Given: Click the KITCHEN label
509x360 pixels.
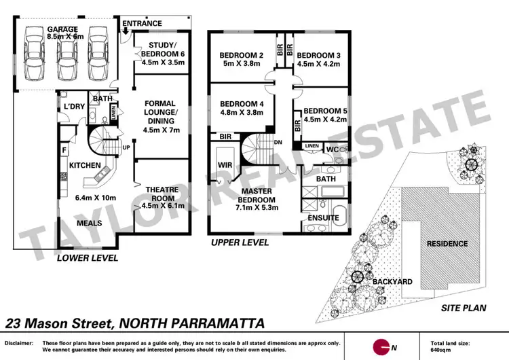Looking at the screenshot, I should pyautogui.click(x=85, y=165).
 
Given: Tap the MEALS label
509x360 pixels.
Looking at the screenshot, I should pyautogui.click(x=90, y=223).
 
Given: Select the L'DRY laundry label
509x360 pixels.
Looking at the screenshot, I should pyautogui.click(x=73, y=107).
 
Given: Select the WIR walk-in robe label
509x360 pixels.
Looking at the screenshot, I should pyautogui.click(x=225, y=165).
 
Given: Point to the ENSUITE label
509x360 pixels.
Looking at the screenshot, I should pyautogui.click(x=323, y=217).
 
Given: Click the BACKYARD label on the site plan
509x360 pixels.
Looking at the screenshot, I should pyautogui.click(x=390, y=281).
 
